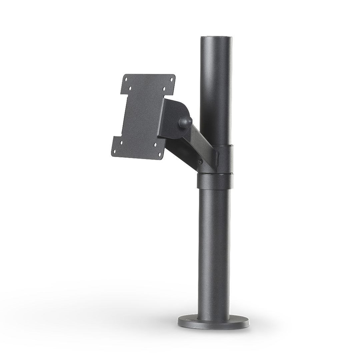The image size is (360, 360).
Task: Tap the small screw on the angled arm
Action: pyautogui.click(x=199, y=162)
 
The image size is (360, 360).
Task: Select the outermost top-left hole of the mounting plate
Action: pyautogui.click(x=126, y=79)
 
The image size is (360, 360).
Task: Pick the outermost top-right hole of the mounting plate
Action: pyautogui.click(x=171, y=80)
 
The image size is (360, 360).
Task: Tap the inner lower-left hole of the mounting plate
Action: pyautogui.click(x=121, y=143)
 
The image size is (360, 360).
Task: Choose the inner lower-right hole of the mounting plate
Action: pyautogui.click(x=155, y=144)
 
